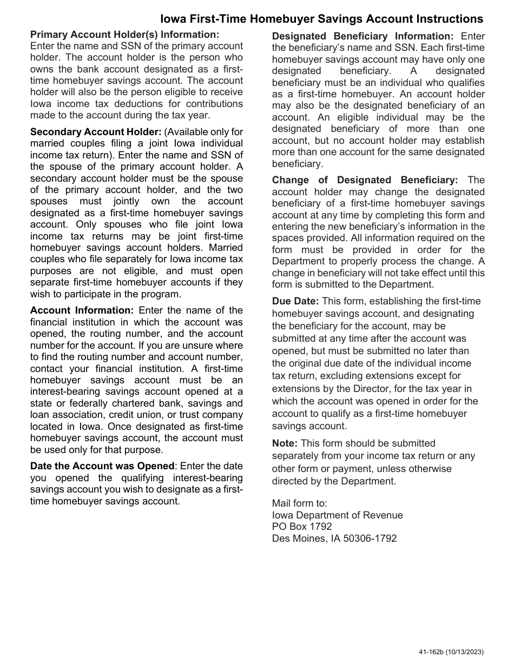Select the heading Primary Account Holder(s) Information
(x=124, y=35)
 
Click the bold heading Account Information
(x=81, y=310)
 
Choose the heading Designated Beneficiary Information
(x=363, y=36)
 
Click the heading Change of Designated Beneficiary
(x=365, y=180)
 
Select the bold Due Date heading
(x=295, y=301)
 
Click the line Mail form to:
(x=299, y=503)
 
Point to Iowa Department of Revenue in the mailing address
(x=337, y=515)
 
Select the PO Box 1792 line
(x=302, y=527)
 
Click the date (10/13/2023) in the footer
(x=467, y=653)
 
